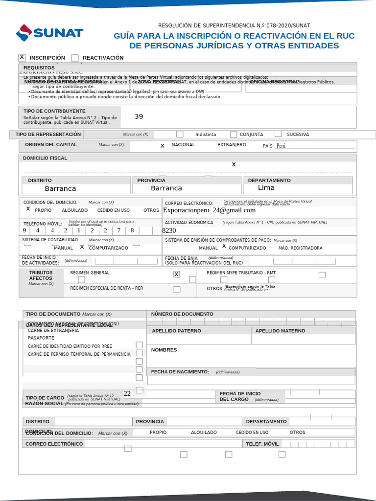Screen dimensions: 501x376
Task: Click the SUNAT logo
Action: [49, 33]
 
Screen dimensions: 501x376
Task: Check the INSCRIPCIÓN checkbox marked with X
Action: [22, 57]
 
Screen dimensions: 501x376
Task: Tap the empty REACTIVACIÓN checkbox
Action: [74, 58]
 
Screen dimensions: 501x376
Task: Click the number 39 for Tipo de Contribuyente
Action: [139, 116]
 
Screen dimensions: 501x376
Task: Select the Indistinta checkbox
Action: [180, 134]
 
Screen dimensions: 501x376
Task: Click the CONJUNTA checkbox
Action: [234, 135]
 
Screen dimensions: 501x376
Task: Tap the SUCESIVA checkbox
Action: [278, 134]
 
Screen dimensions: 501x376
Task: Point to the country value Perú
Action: [281, 146]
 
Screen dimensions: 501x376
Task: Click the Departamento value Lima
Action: [266, 188]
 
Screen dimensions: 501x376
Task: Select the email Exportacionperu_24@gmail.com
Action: [209, 210]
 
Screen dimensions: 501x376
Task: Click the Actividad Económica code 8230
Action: [169, 230]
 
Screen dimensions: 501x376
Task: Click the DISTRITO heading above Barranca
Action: [40, 181]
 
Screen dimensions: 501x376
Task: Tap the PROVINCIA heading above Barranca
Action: [151, 181]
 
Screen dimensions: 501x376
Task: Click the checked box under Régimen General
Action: [176, 274]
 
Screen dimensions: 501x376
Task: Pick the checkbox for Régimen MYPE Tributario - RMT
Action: [322, 274]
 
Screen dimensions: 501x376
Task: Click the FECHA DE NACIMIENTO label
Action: [180, 372]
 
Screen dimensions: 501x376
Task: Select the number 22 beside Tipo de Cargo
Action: [127, 393]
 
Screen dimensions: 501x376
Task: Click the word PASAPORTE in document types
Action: [41, 338]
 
